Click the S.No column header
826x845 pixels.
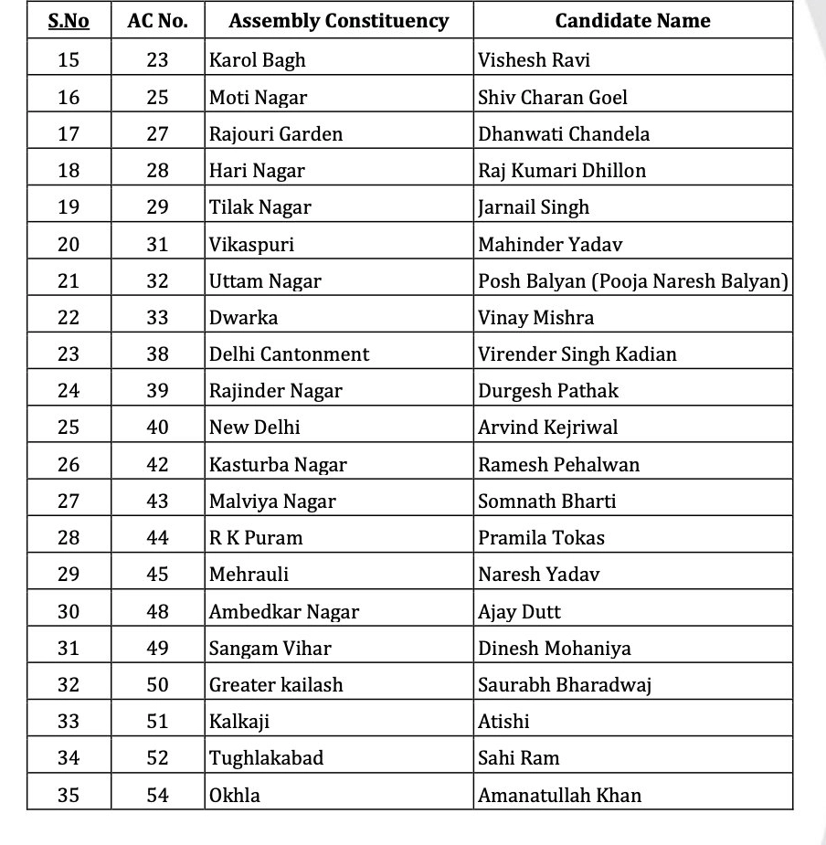[x=69, y=20]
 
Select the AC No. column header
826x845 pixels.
[x=157, y=20]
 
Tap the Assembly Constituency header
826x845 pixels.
[x=338, y=20]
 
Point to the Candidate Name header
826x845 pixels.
[x=632, y=20]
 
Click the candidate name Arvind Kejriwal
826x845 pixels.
[x=547, y=427]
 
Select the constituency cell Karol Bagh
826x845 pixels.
[x=258, y=60]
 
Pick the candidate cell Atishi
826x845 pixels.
[x=503, y=721]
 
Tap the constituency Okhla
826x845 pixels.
[x=235, y=795]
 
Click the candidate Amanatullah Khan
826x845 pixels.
[x=559, y=795]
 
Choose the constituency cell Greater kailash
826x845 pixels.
[x=276, y=684]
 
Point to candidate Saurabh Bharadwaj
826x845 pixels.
[x=565, y=684]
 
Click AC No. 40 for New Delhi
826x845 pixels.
[x=157, y=427]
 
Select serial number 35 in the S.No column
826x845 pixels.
[x=69, y=795]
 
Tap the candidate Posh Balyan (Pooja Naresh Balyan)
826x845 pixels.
[x=632, y=280]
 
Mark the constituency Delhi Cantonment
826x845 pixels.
[x=289, y=354]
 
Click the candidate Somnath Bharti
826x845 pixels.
[x=546, y=501]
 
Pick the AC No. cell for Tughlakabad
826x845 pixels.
[x=157, y=757]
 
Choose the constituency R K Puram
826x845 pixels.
[x=256, y=537]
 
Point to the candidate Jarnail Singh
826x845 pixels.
[x=534, y=206]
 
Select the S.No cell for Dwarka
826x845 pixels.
[x=69, y=317]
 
